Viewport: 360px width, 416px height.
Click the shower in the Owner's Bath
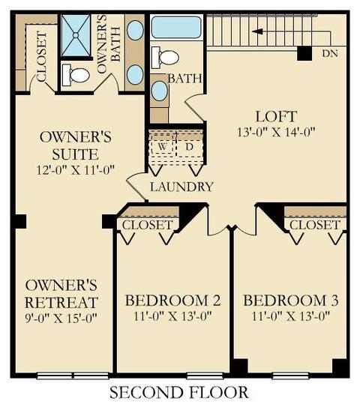[76, 35]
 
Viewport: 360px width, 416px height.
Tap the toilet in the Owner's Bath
[76, 75]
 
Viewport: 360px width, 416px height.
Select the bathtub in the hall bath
[176, 27]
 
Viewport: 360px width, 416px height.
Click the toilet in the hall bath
[165, 57]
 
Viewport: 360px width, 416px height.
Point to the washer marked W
[163, 147]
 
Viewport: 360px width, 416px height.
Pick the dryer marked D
[189, 147]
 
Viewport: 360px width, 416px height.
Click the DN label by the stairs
[330, 54]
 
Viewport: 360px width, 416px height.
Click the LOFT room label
[276, 117]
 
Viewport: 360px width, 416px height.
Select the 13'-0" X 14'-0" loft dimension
[276, 132]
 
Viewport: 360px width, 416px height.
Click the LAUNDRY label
[181, 187]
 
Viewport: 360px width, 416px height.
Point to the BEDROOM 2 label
[172, 301]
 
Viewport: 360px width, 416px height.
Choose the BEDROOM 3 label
[291, 301]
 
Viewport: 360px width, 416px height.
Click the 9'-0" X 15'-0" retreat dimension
[61, 318]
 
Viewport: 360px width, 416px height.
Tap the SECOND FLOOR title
[179, 392]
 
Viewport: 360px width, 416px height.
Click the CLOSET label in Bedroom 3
[314, 225]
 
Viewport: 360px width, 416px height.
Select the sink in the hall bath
[159, 91]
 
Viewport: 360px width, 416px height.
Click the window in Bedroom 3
[291, 376]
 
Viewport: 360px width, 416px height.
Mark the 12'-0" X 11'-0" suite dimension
[76, 170]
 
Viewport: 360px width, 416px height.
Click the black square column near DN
[304, 53]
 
